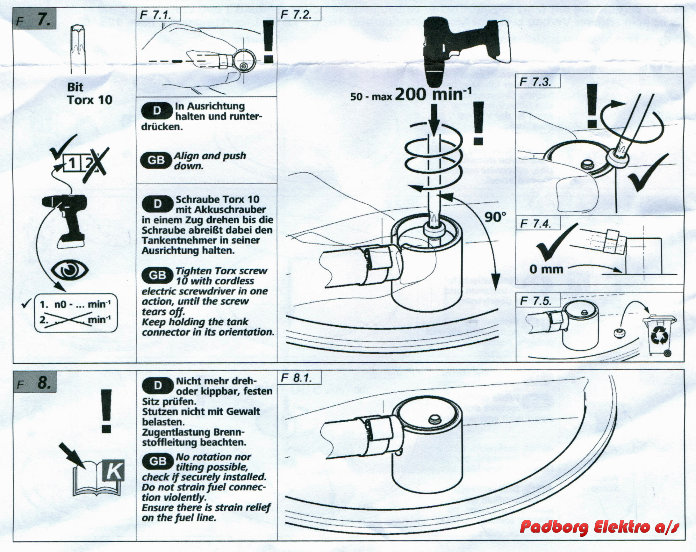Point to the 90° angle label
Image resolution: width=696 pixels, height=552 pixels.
(494, 217)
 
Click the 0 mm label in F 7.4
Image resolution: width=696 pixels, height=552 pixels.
(546, 269)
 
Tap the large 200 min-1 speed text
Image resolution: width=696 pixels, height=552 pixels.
(433, 95)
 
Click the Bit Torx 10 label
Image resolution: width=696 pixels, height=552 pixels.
(90, 93)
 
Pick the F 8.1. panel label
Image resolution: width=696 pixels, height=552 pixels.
(296, 378)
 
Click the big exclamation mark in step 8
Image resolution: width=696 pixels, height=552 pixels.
(106, 411)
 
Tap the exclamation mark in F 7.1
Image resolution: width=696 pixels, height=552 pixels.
(268, 42)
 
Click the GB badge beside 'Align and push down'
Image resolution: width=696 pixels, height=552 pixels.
(156, 161)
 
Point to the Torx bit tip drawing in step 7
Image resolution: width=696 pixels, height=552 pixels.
(75, 45)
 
